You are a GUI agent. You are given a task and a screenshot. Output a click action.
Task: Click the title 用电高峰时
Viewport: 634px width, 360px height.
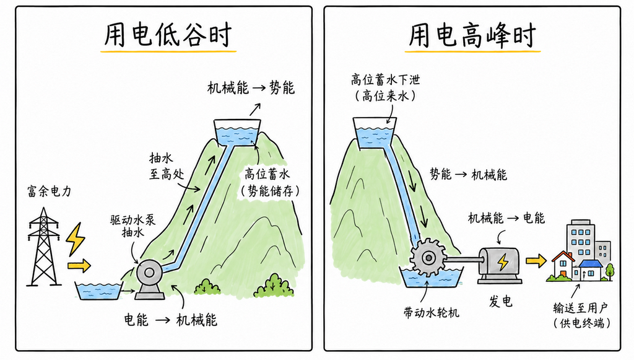click(x=472, y=35)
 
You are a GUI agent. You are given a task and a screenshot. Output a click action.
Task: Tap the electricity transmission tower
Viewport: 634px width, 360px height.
click(x=44, y=247)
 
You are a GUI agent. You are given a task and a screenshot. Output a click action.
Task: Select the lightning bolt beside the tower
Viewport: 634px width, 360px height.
click(x=76, y=239)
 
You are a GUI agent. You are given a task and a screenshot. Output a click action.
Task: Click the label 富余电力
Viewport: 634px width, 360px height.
click(x=50, y=191)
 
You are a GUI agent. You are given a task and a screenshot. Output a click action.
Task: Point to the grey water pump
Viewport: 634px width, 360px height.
click(x=149, y=279)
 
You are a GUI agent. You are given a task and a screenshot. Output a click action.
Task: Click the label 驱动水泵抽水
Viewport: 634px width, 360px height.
click(x=133, y=226)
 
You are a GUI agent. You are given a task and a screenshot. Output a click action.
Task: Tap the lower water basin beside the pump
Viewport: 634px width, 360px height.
click(x=98, y=291)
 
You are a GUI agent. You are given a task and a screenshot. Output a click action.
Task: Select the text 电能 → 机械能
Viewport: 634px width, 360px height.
click(x=170, y=320)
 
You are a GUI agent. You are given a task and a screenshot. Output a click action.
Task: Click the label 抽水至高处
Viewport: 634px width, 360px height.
click(x=167, y=165)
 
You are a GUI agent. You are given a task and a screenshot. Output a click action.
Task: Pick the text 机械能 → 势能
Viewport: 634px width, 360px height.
click(x=251, y=87)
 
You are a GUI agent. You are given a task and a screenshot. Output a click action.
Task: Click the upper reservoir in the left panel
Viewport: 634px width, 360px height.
click(x=237, y=133)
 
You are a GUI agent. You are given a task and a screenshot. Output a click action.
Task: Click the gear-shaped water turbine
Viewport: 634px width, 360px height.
click(x=428, y=257)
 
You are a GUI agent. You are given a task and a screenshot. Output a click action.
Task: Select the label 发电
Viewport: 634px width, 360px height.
click(x=500, y=301)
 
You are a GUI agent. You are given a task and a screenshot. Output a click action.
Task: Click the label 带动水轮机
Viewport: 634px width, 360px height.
click(x=432, y=312)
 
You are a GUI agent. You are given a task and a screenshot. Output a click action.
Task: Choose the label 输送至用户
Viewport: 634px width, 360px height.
click(x=580, y=308)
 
